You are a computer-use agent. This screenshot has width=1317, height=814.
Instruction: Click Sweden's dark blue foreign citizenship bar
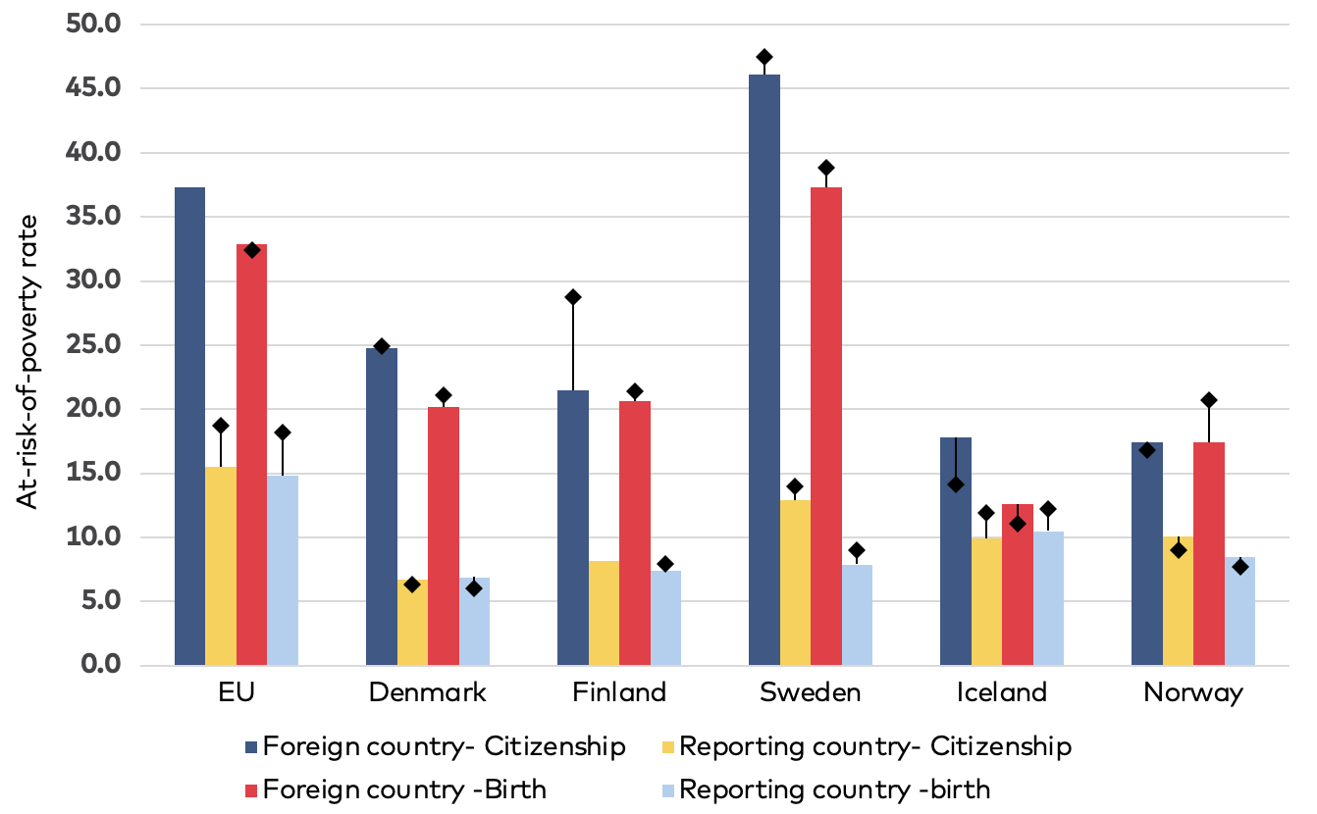(764, 373)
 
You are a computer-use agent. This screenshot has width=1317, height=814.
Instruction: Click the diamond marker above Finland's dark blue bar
(573, 297)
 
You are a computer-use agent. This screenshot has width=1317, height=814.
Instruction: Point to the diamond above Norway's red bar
(1208, 400)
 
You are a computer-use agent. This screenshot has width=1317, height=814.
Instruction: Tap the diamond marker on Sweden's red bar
(826, 168)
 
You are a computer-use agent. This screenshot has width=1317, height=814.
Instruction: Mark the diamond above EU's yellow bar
(221, 426)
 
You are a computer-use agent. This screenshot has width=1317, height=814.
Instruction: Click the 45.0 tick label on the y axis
(92, 88)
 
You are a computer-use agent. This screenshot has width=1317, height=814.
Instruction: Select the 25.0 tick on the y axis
(92, 345)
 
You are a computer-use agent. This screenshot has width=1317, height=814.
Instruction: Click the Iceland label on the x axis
(1002, 693)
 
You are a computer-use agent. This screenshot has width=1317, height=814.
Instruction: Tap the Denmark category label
(427, 693)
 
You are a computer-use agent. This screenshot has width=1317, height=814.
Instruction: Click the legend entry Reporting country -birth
(834, 789)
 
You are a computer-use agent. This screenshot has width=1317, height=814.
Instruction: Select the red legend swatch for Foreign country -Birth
(251, 789)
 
